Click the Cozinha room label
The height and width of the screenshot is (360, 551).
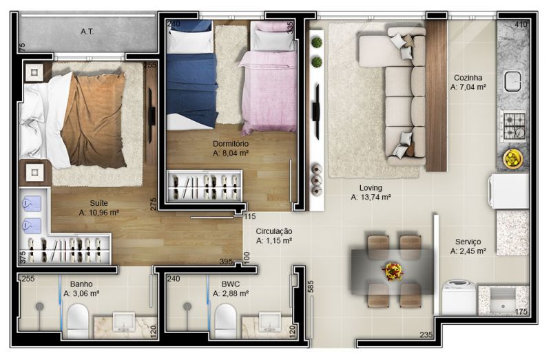[468, 78]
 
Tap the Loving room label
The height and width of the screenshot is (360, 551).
[371, 188]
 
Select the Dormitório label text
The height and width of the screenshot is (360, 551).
[231, 144]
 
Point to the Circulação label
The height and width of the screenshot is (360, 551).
[273, 231]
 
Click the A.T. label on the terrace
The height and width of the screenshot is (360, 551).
[87, 32]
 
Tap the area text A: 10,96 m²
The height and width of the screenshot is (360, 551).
[98, 213]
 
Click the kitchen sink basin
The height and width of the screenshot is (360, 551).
[512, 81]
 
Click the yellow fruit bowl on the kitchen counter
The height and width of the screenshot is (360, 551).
[513, 158]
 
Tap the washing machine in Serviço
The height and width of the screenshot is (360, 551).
[459, 297]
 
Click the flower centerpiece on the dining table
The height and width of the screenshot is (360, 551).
[393, 271]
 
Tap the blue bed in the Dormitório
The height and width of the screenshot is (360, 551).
[192, 76]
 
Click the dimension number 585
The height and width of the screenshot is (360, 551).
[311, 286]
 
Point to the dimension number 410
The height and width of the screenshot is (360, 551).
[521, 24]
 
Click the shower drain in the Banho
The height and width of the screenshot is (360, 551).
[39, 306]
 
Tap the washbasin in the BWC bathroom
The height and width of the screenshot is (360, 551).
[269, 322]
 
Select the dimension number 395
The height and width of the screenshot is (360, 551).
[226, 262]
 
